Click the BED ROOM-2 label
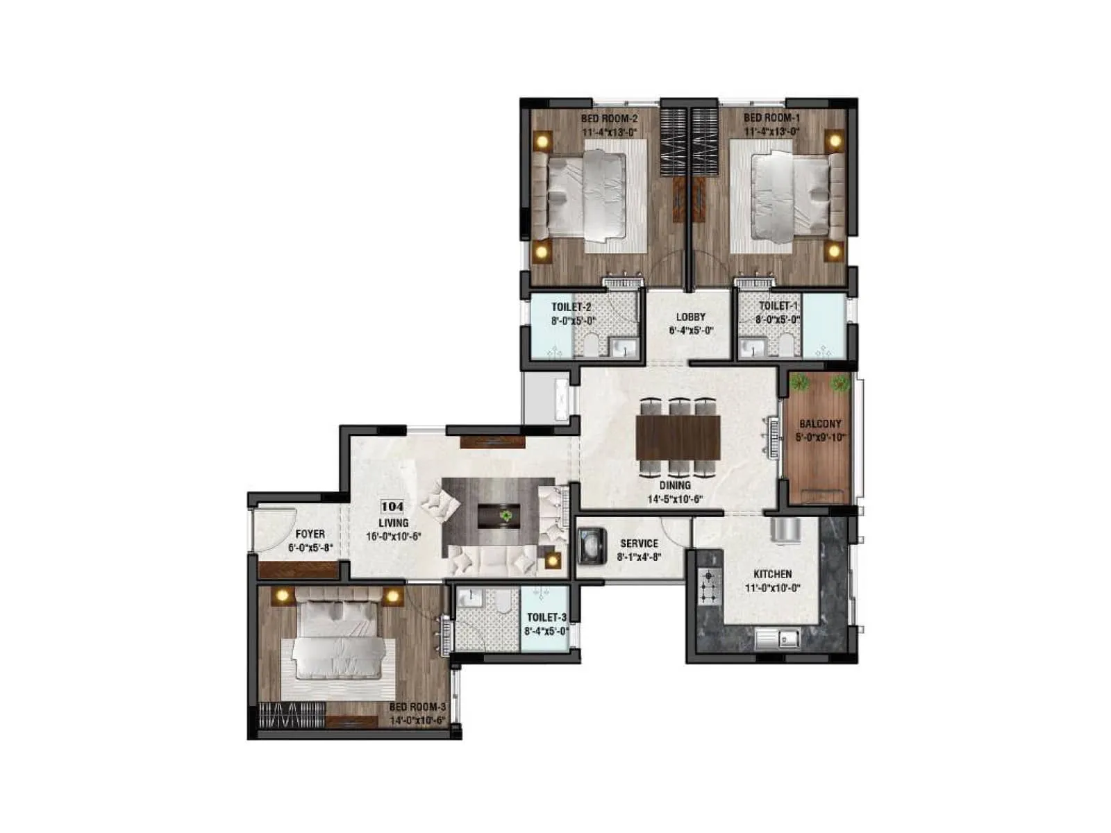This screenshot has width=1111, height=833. click(x=609, y=119)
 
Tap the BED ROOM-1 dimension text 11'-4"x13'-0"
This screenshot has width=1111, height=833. click(x=772, y=131)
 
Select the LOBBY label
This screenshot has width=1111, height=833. click(x=691, y=317)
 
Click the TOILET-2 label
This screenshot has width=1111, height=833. click(x=571, y=307)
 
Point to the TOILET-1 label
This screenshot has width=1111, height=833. click(x=778, y=306)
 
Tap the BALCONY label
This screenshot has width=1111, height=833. click(x=820, y=423)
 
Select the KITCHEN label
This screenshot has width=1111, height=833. click(x=773, y=574)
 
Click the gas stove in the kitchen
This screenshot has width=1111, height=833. click(x=709, y=587)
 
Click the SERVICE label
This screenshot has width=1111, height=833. click(x=639, y=544)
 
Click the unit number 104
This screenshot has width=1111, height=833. click(x=392, y=507)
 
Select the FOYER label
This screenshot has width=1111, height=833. click(x=310, y=535)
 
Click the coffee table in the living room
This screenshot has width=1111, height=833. click(x=499, y=516)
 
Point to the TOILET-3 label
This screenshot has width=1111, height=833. click(x=546, y=617)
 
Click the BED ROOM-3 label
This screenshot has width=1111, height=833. click(x=417, y=707)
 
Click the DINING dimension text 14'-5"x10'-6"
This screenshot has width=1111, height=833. click(x=676, y=498)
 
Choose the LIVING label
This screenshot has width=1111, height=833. click(x=393, y=523)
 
